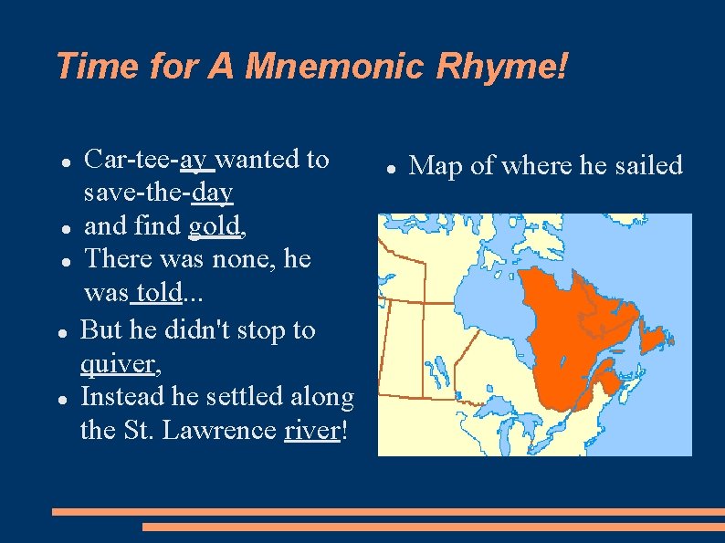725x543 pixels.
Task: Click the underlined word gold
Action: pyautogui.click(x=215, y=225)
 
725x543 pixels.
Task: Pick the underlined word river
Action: pyautogui.click(x=311, y=430)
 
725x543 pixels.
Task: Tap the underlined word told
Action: pyautogui.click(x=156, y=294)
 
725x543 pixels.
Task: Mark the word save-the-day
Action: pyautogui.click(x=158, y=193)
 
